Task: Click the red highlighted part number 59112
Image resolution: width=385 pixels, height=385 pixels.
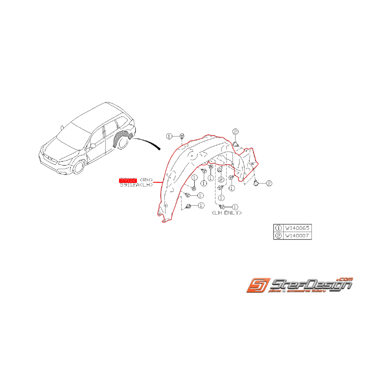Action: coord(127,180)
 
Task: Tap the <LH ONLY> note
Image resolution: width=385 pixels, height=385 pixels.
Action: coord(226,213)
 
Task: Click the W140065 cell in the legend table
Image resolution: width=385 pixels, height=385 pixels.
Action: coord(297,228)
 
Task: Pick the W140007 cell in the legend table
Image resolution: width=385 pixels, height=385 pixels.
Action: coord(297,236)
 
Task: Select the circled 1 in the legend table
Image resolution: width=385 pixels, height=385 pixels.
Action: coord(278,228)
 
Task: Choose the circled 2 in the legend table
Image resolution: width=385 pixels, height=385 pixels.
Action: coord(278,236)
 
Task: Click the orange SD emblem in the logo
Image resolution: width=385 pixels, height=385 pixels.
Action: coord(258,285)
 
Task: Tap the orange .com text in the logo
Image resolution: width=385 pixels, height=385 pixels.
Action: coord(345,280)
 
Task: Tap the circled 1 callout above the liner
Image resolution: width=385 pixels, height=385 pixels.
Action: coord(169,136)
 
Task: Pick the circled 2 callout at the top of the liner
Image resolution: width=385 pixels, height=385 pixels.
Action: coord(235,132)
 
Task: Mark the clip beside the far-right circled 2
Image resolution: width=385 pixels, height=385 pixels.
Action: coord(257,182)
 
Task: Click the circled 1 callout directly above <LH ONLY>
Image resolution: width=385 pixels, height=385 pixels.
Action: coord(235,206)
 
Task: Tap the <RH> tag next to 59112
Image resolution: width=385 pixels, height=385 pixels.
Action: coord(146,180)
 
